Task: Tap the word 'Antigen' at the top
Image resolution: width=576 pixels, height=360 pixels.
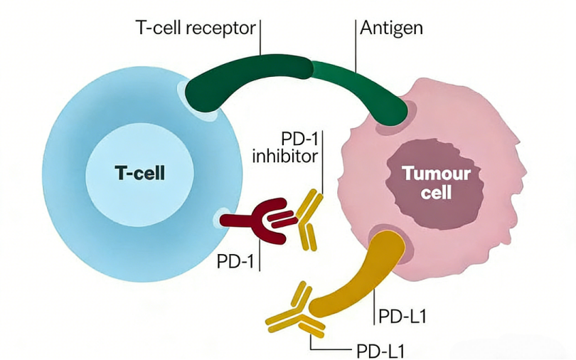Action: point(391,29)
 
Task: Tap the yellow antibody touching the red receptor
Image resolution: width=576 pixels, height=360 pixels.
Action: point(306,221)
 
